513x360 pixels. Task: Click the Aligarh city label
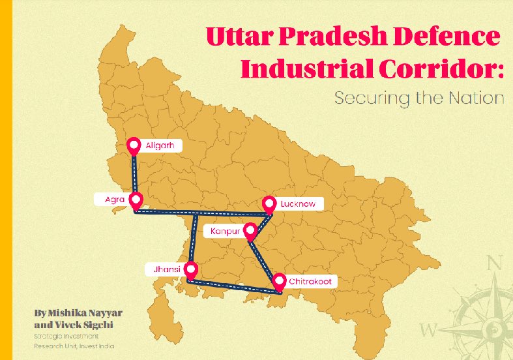point(160,145)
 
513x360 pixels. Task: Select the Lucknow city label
point(298,203)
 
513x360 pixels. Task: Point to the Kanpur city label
point(226,231)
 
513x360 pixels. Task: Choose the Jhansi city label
point(167,269)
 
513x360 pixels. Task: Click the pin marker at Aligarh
point(134,145)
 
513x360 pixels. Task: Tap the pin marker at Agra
point(136,198)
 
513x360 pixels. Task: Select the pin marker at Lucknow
point(269,203)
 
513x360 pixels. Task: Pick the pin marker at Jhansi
point(190,268)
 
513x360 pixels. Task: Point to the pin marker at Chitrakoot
point(278,281)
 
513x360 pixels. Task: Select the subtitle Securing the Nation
point(418,98)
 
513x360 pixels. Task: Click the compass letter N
point(495,263)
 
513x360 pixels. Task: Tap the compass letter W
point(428,328)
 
